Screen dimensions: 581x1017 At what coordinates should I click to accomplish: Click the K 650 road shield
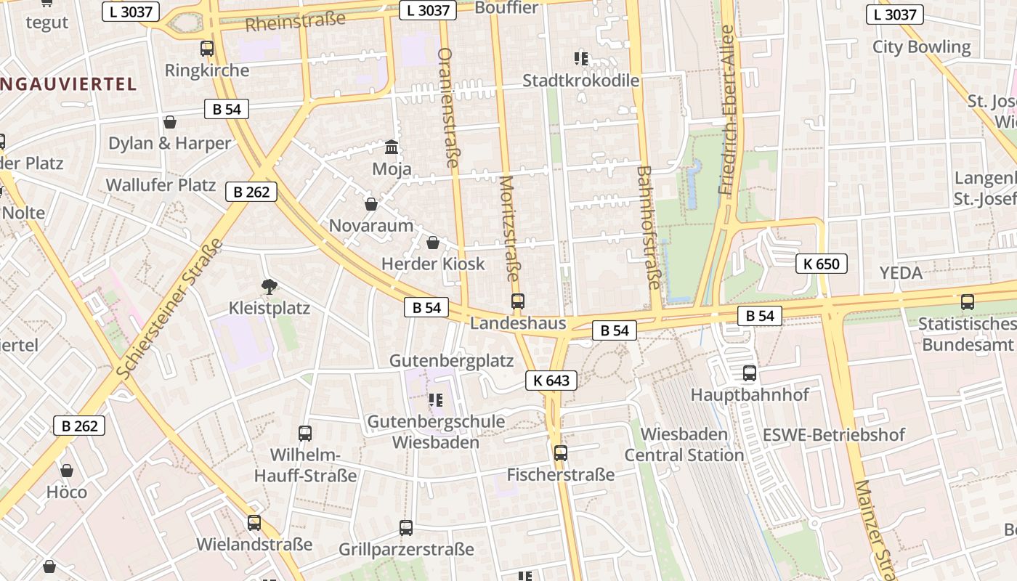(x=821, y=264)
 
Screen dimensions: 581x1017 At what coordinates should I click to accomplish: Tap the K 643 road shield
(x=551, y=380)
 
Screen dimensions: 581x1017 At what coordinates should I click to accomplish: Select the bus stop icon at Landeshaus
(x=517, y=301)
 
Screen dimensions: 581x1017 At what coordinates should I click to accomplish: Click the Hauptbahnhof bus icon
(x=749, y=373)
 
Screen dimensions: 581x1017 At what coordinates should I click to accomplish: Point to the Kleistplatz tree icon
(x=270, y=287)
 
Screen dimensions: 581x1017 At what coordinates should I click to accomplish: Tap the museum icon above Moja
(x=392, y=147)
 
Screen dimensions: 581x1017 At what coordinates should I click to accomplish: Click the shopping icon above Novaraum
(x=370, y=204)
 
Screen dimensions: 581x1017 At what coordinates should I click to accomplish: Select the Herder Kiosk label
(x=433, y=264)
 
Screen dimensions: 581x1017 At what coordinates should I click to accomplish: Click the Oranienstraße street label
(x=447, y=107)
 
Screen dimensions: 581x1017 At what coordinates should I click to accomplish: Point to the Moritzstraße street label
(x=510, y=229)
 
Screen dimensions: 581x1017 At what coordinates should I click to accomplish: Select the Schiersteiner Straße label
(x=169, y=309)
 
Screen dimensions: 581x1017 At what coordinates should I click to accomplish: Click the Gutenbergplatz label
(x=451, y=361)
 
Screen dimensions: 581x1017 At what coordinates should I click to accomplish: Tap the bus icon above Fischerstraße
(x=560, y=453)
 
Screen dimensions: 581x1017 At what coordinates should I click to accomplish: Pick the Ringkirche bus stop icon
(x=207, y=49)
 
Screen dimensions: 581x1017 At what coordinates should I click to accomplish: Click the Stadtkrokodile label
(x=580, y=80)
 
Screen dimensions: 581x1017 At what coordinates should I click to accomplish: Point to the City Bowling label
(x=921, y=47)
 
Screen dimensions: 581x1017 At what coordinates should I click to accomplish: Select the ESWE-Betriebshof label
(x=833, y=435)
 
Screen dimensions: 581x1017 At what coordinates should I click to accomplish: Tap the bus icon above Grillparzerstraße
(x=406, y=528)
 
